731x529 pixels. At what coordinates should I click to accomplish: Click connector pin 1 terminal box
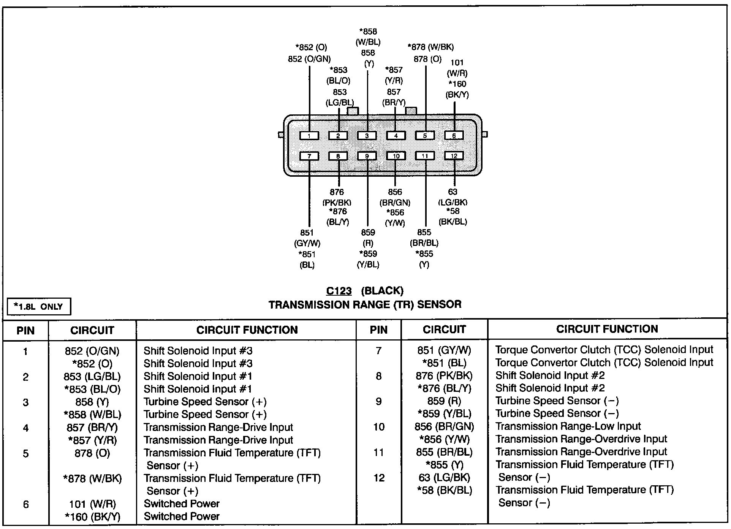(x=309, y=136)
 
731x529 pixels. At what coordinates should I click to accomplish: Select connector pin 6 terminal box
(x=454, y=136)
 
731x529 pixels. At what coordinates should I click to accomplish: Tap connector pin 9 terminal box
(x=367, y=156)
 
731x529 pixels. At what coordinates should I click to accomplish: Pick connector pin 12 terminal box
(x=454, y=156)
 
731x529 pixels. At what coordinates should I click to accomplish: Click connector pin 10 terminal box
(x=396, y=156)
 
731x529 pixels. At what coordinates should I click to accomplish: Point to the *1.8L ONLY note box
(x=39, y=307)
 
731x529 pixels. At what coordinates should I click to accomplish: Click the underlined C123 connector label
(x=339, y=291)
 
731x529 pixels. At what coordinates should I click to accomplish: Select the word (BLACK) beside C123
(x=382, y=291)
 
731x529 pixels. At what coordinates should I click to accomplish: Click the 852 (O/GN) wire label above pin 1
(x=309, y=59)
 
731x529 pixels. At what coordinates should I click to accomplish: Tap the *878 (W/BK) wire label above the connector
(x=430, y=47)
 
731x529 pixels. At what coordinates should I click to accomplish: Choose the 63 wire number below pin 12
(x=453, y=192)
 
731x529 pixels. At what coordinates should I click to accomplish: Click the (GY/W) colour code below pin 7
(x=307, y=243)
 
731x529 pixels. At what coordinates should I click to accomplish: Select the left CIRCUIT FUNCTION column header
(x=247, y=330)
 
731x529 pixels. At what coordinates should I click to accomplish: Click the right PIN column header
(x=378, y=330)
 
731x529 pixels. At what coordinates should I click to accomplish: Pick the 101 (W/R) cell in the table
(x=92, y=504)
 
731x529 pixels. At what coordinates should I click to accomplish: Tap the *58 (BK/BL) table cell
(x=444, y=490)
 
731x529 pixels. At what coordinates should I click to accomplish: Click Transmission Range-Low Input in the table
(x=568, y=426)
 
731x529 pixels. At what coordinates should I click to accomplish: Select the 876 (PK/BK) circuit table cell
(x=444, y=376)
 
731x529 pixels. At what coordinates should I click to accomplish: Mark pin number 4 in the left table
(x=25, y=428)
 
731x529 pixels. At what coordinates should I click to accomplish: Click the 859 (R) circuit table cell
(x=444, y=401)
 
